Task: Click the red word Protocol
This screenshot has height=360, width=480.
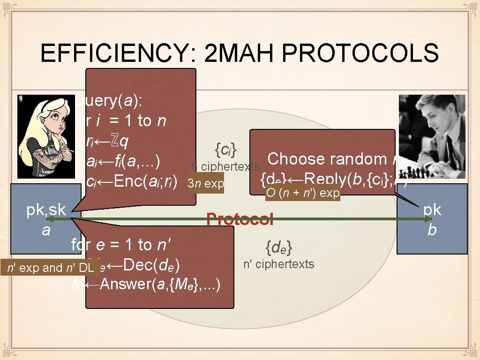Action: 240,219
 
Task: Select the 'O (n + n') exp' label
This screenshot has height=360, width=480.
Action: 302,194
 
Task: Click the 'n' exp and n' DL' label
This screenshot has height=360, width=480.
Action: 50,268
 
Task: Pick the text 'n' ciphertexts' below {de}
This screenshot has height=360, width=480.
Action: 279,264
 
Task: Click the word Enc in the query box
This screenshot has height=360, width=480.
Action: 127,182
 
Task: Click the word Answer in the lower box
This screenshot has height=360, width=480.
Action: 123,284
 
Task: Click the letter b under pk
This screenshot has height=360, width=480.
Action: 432,230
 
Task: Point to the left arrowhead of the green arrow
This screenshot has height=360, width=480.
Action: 48,219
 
